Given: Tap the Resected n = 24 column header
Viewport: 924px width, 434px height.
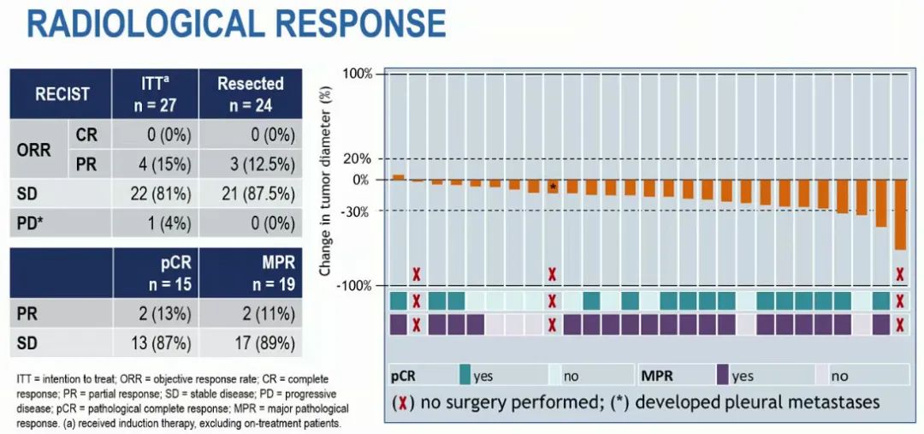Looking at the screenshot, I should pyautogui.click(x=250, y=93).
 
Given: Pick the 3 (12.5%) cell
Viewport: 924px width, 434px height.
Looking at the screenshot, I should pyautogui.click(x=250, y=164).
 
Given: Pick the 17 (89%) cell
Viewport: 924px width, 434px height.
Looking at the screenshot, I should pyautogui.click(x=250, y=344).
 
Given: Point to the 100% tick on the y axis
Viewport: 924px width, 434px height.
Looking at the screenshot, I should pyautogui.click(x=358, y=74).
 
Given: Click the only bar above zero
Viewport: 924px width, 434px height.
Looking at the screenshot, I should pyautogui.click(x=398, y=177).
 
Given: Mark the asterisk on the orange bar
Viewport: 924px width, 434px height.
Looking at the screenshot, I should pyautogui.click(x=554, y=187).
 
